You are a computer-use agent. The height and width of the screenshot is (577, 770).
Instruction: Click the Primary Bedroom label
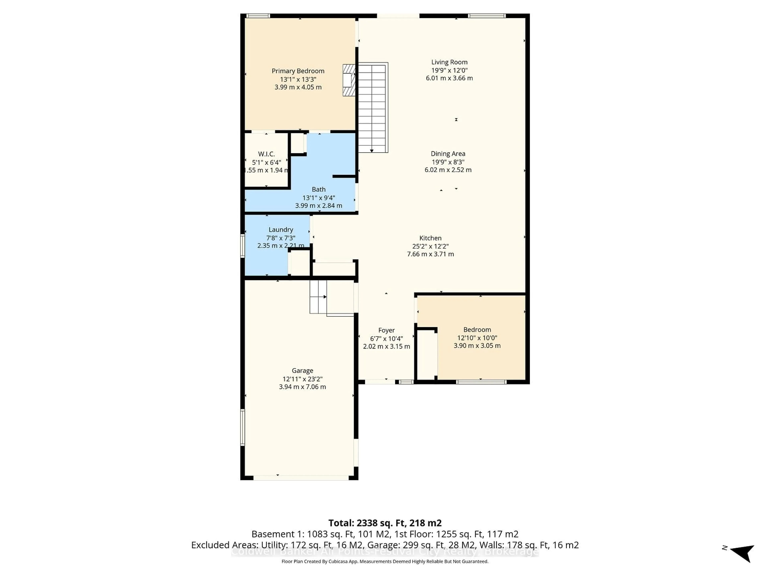coord(298,71)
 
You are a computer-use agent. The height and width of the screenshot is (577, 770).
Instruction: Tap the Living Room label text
coord(449,62)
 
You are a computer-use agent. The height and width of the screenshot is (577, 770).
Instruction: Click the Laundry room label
coord(281,230)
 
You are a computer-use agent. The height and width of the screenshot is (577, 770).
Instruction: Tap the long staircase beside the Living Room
coord(372,108)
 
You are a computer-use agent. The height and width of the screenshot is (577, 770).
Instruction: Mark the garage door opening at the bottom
coord(301,478)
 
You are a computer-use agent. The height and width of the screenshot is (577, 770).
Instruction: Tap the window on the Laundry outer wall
coord(243,246)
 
